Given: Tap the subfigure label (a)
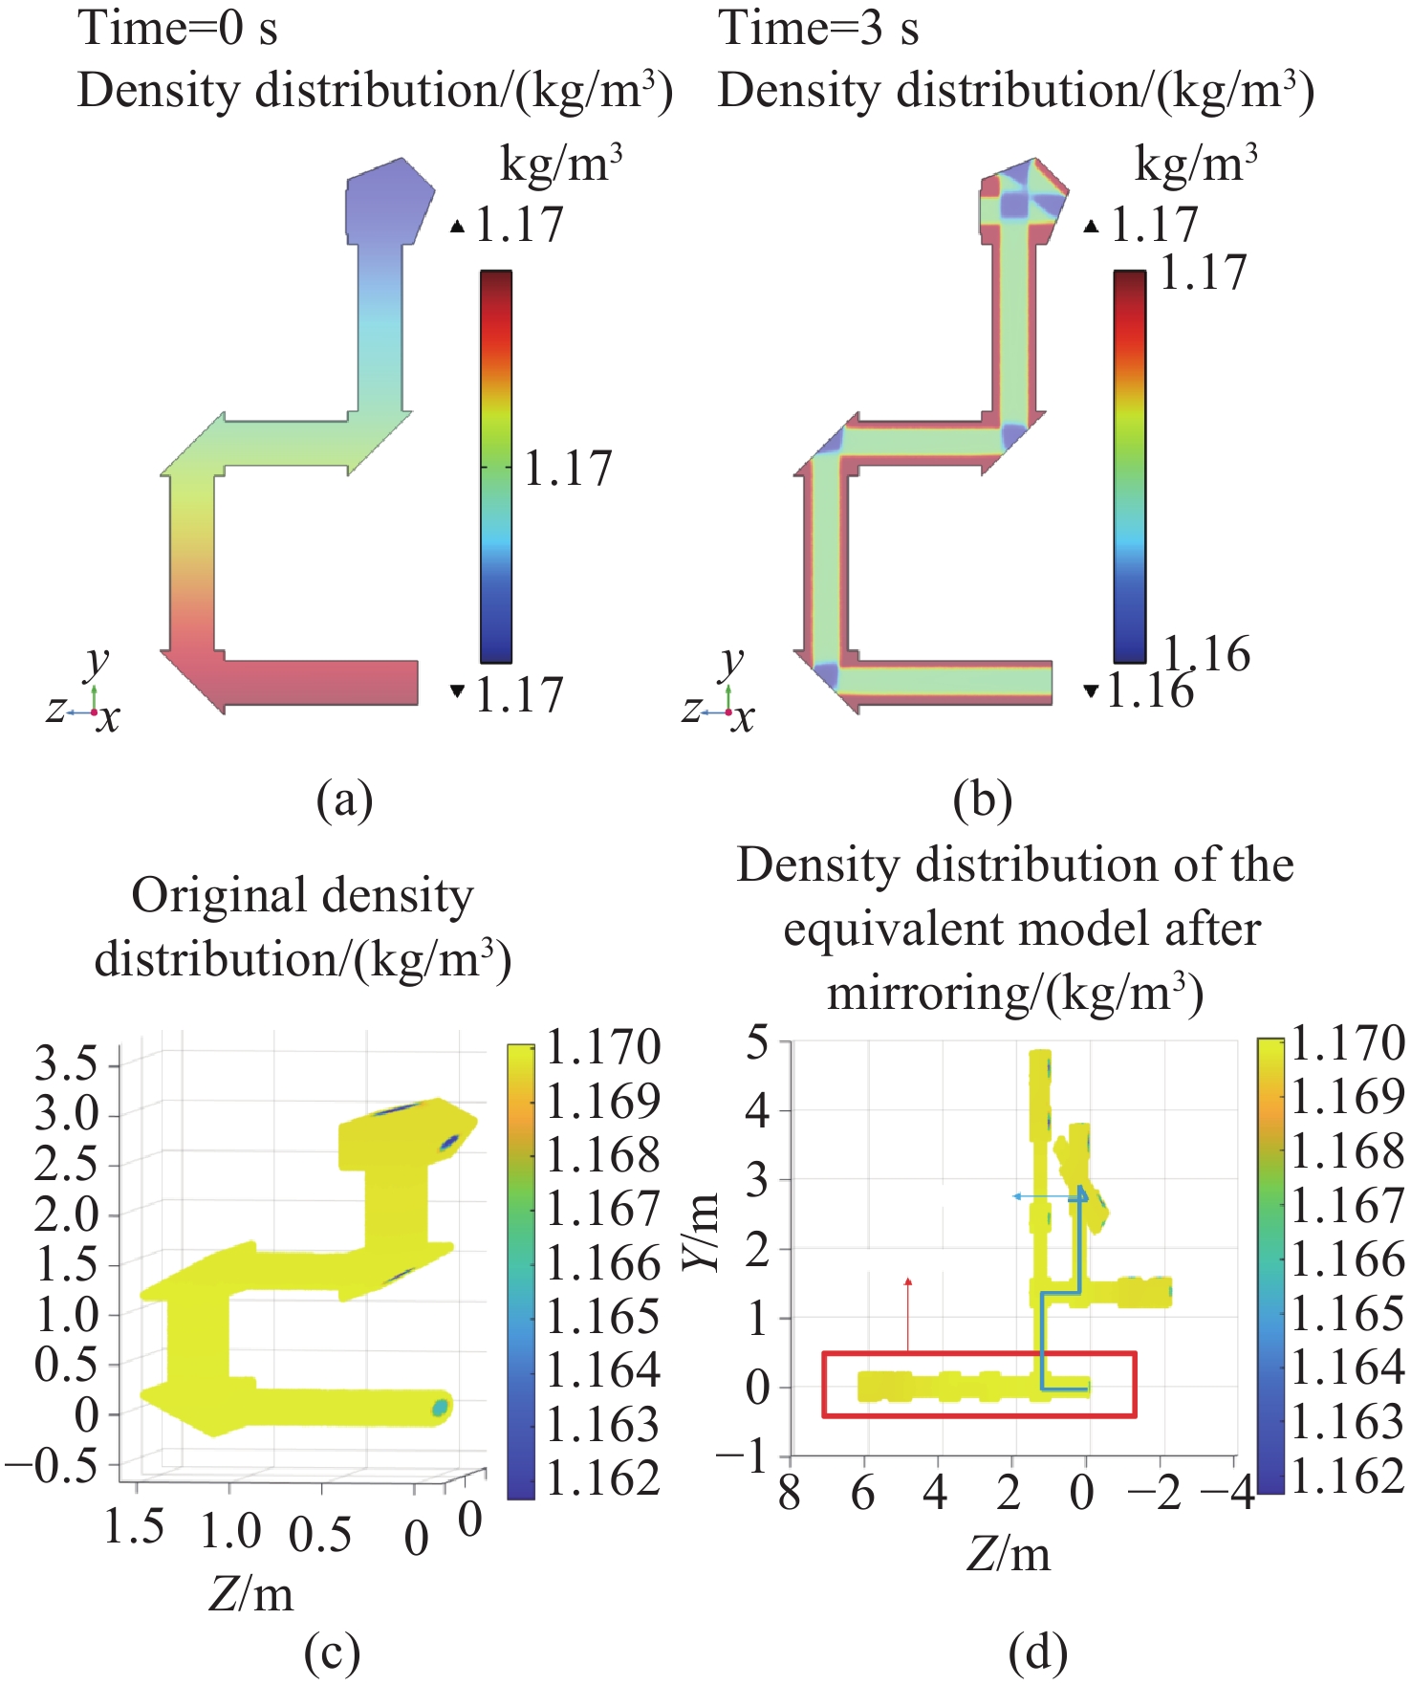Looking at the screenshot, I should (344, 799).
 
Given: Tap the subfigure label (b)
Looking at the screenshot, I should (982, 799).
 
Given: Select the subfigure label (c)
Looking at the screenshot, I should (332, 1652).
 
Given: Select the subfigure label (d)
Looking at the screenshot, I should (1037, 1652).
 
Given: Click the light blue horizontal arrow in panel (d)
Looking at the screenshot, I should (1047, 1196).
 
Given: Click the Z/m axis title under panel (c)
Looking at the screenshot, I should (250, 1593).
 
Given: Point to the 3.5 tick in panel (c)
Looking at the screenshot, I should (66, 1063).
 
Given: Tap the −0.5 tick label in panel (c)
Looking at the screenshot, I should (52, 1465).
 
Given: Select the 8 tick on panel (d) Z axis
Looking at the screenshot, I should (790, 1493).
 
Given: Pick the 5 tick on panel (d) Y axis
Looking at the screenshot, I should (758, 1042).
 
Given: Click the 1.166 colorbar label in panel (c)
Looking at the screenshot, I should (603, 1263).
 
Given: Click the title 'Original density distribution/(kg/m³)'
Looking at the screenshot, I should (302, 927).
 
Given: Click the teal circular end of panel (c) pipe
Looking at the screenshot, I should (440, 1407).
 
